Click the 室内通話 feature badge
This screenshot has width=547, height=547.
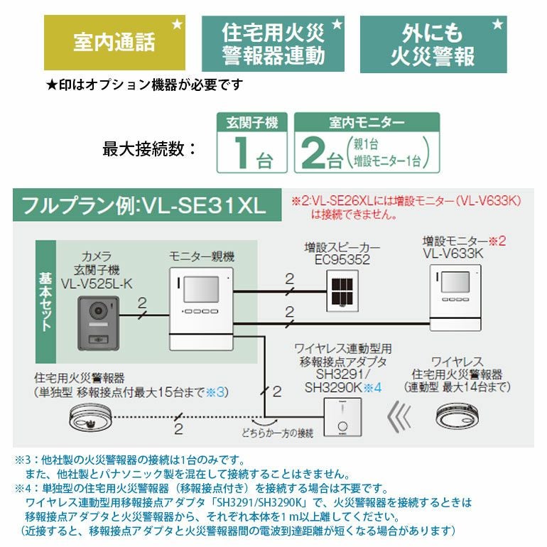114,43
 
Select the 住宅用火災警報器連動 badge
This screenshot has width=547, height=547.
273,43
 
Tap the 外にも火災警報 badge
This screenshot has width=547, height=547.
433,43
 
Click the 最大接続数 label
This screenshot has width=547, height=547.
149,148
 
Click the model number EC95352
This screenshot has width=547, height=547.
343,260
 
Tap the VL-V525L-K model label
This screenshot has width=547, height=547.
97,284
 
